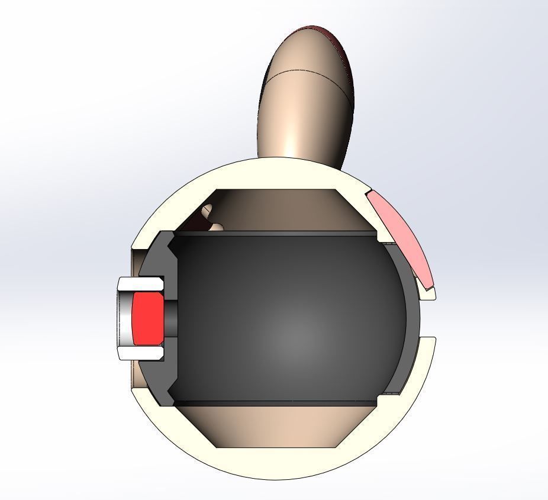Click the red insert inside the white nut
(x=147, y=318)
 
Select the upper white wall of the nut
(x=140, y=283)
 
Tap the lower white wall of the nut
(x=140, y=353)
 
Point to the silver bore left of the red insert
(x=124, y=318)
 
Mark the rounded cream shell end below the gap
(x=428, y=343)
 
